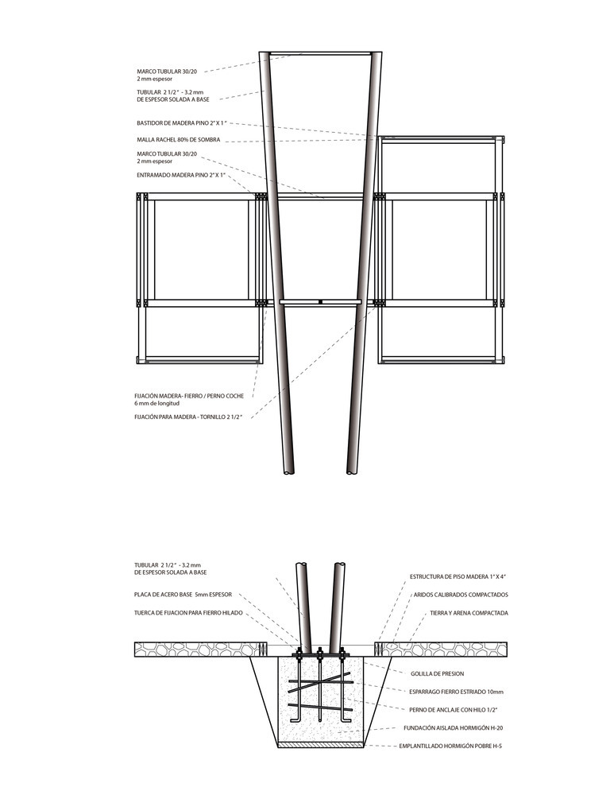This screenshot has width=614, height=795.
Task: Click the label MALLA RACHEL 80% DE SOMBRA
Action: (178, 140)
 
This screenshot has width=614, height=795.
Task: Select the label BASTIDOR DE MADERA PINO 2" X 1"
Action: (182, 123)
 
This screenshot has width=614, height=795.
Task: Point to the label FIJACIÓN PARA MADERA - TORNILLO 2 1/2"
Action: (188, 417)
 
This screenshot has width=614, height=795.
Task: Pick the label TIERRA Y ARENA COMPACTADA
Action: (469, 613)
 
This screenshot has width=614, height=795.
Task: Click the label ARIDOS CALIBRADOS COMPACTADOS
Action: (461, 595)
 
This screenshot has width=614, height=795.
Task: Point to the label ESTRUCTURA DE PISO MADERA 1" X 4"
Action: (458, 576)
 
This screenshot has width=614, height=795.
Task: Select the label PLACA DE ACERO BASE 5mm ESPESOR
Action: (183, 594)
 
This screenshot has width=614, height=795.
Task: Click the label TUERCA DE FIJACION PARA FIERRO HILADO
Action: (188, 612)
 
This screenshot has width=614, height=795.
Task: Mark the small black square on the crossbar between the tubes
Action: (320, 302)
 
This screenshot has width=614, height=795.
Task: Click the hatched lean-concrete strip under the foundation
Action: (321, 745)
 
